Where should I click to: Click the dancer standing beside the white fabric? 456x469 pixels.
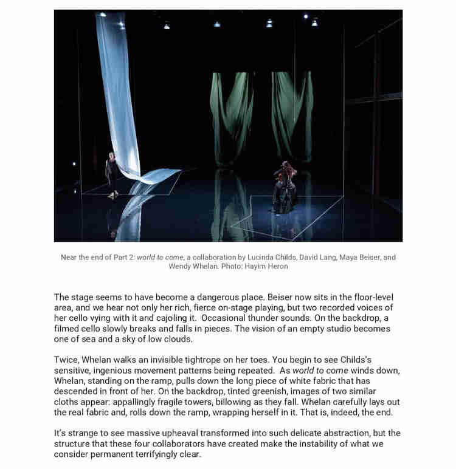111,175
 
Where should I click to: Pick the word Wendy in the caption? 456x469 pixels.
181,266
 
